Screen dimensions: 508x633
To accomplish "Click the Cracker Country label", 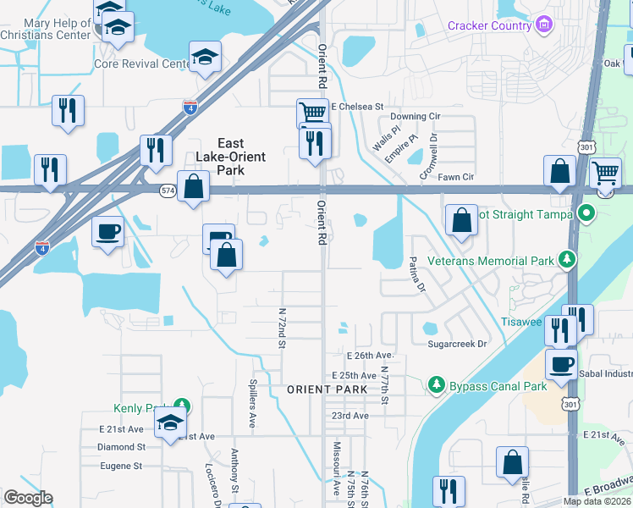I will click(489, 25).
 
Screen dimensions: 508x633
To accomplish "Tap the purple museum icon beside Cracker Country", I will click(543, 25).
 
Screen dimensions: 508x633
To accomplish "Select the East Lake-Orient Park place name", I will click(230, 157).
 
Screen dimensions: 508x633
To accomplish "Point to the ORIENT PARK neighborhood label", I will click(327, 389).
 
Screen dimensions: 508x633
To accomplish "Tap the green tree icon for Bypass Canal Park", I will click(437, 386).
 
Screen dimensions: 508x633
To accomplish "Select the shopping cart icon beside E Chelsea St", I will click(312, 112).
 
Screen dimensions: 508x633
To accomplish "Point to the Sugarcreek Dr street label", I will click(458, 344).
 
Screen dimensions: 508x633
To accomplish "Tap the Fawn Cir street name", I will click(456, 177).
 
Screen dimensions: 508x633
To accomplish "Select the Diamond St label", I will click(121, 446).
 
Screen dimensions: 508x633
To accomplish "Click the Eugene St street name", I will click(119, 466).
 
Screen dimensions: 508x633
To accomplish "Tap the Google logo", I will click(28, 498).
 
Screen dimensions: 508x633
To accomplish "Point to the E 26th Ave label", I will click(370, 355).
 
